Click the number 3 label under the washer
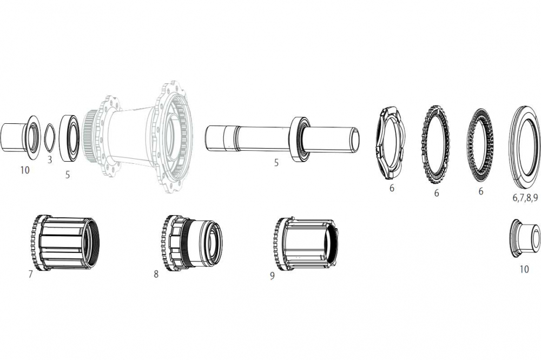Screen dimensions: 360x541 (50, 159)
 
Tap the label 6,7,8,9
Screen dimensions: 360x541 (525, 198)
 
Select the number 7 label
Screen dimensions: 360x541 (30, 274)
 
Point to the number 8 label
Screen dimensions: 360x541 (156, 274)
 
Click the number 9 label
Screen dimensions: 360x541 (272, 276)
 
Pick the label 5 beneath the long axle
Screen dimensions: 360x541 (276, 162)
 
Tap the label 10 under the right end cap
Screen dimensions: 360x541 (524, 269)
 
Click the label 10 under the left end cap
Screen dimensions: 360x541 (25, 170)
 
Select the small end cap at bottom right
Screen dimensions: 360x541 (525, 236)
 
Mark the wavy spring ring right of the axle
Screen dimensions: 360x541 (391, 143)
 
